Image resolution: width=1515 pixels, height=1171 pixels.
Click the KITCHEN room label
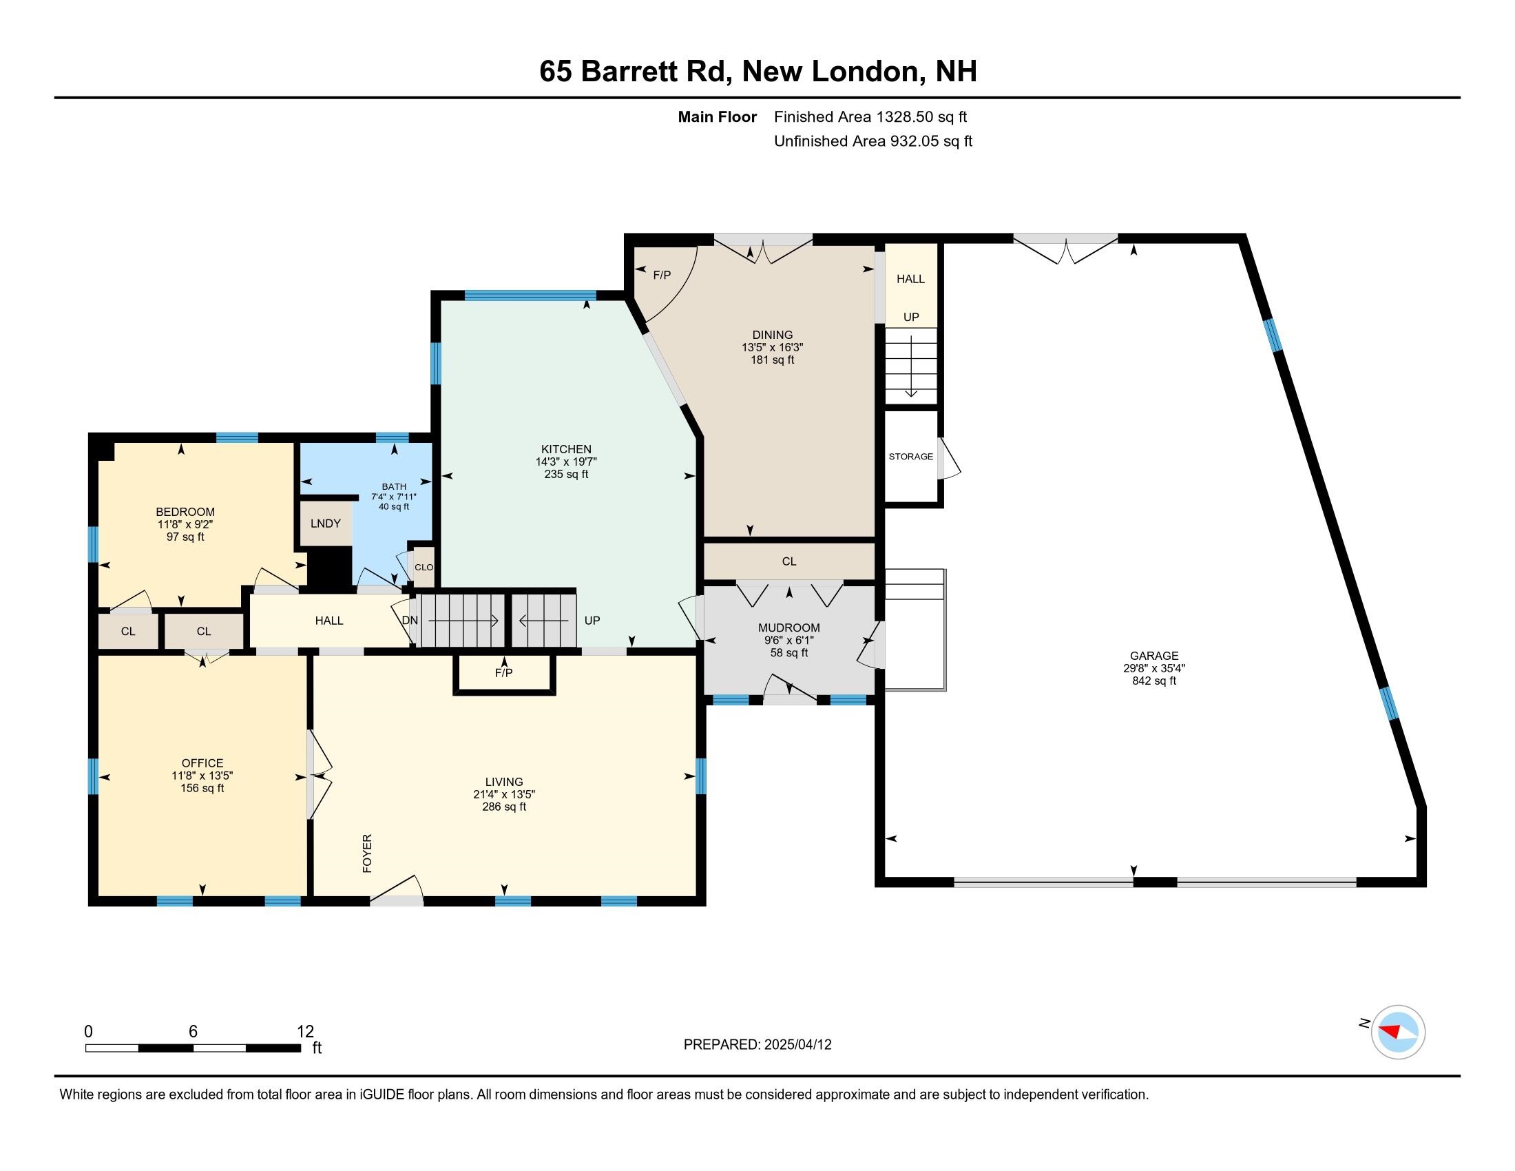(566, 449)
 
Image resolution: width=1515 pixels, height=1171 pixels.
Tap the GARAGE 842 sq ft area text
(1153, 681)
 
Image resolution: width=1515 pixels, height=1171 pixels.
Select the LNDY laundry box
(325, 523)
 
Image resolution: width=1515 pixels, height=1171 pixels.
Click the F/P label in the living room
(503, 673)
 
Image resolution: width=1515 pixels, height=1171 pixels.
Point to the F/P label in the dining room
(662, 276)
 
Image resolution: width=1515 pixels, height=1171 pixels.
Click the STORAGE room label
(911, 457)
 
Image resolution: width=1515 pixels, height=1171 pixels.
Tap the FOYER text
(368, 853)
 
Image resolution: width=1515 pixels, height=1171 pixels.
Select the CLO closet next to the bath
(423, 567)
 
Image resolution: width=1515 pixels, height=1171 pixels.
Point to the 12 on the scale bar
(305, 1032)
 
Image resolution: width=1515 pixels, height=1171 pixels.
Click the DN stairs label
(409, 620)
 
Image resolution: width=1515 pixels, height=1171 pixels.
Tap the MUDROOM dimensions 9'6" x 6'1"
(788, 641)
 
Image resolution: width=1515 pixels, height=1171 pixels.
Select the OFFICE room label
(202, 763)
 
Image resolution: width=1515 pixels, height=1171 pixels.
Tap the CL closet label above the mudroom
(788, 561)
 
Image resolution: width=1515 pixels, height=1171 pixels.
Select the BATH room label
(393, 486)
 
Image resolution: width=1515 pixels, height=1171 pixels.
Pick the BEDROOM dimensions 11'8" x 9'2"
(185, 524)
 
